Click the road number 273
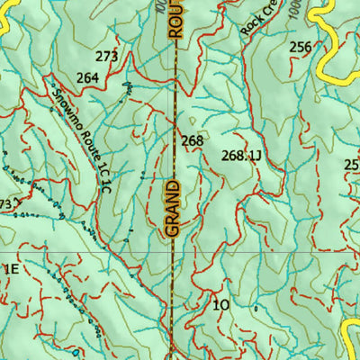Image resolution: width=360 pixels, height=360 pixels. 106,57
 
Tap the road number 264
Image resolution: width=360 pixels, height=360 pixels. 86,78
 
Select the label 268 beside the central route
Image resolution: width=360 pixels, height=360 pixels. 192,141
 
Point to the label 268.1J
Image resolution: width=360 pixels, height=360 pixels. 240,156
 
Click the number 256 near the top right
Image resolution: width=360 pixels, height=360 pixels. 301,48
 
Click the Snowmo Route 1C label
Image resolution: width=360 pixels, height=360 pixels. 80,125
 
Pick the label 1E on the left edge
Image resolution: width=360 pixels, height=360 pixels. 10,268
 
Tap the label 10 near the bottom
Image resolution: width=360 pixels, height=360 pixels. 221,305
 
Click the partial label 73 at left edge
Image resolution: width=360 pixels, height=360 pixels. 5,205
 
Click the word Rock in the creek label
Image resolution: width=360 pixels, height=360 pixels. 251,23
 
